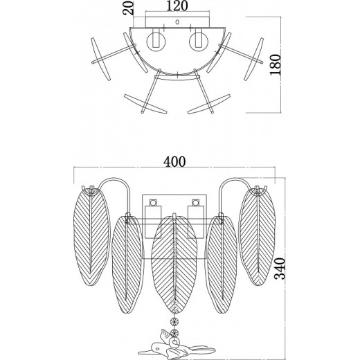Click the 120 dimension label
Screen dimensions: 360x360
(x=177, y=6)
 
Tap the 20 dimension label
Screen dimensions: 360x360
(x=128, y=8)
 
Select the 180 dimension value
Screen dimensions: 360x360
(x=276, y=64)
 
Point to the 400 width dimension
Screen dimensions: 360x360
(x=174, y=162)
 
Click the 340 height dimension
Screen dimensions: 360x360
(x=280, y=269)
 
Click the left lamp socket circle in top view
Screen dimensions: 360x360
(x=156, y=42)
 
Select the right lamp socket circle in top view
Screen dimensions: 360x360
(x=199, y=42)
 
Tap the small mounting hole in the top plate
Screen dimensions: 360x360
(x=177, y=22)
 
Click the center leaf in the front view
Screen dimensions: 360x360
(x=174, y=264)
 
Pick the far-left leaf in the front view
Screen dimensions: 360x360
(x=91, y=237)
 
